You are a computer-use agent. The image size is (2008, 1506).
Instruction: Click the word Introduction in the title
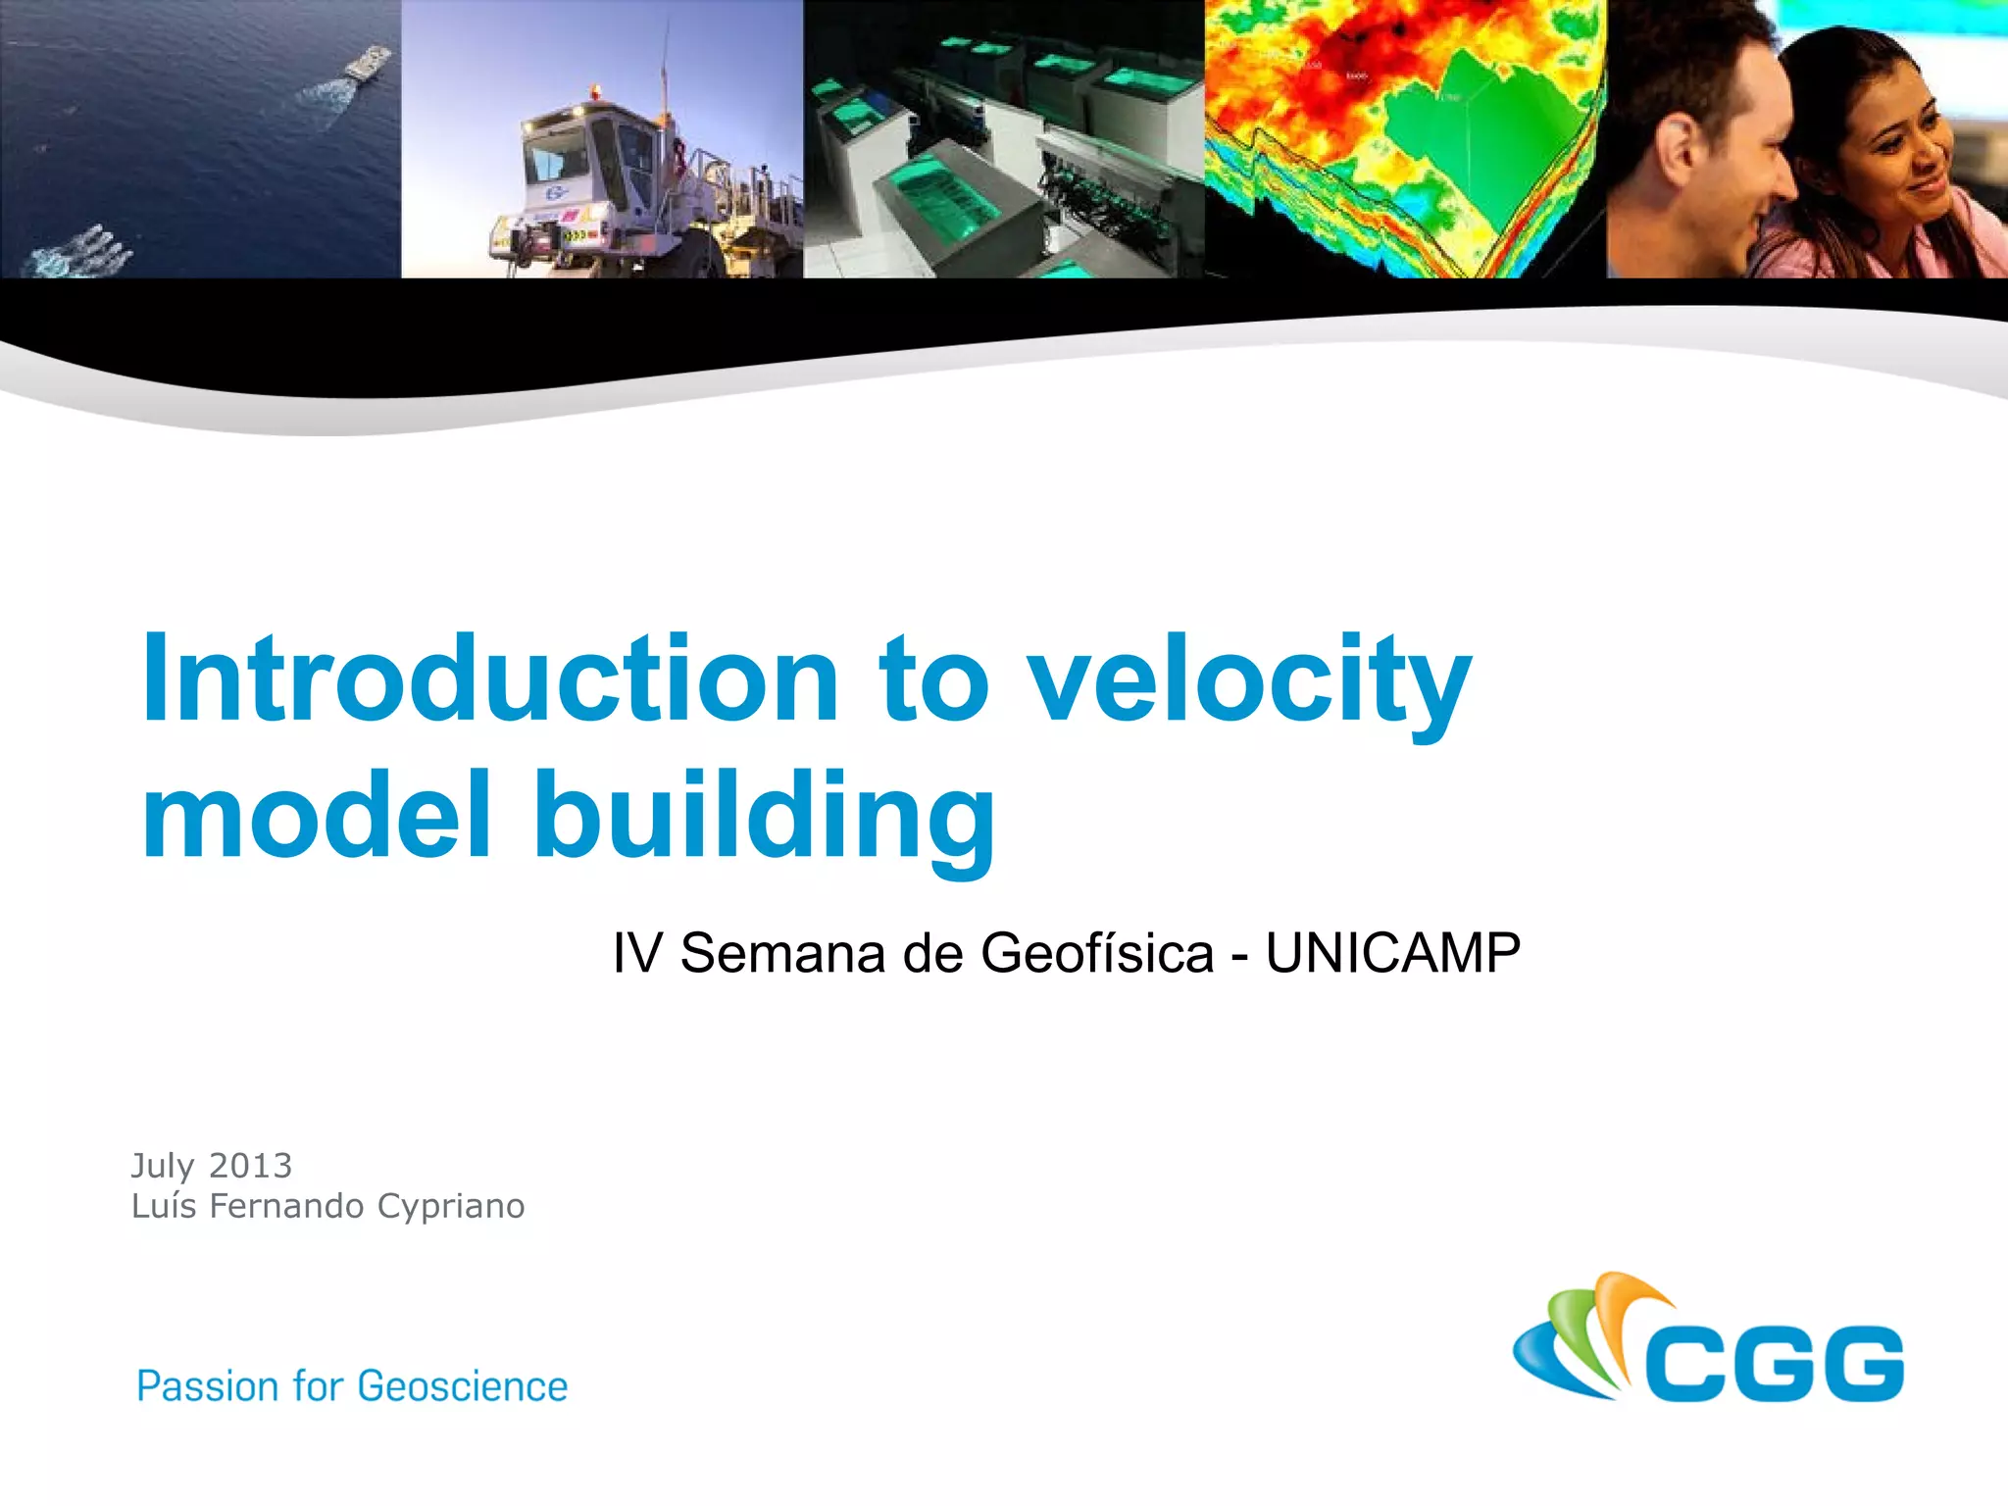(x=490, y=678)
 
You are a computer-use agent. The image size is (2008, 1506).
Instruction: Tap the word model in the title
(x=316, y=815)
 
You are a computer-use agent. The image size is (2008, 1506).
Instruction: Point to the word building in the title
(x=764, y=820)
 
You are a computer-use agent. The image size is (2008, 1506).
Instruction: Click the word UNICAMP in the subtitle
(x=1392, y=953)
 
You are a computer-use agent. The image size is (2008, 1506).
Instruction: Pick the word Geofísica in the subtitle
(x=1096, y=953)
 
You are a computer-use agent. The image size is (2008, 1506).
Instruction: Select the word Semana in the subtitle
(x=782, y=953)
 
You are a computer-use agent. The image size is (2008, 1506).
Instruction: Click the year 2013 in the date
(x=251, y=1166)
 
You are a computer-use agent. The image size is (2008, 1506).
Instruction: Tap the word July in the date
(x=163, y=1167)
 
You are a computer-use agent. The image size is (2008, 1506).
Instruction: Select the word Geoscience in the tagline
(x=463, y=1386)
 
